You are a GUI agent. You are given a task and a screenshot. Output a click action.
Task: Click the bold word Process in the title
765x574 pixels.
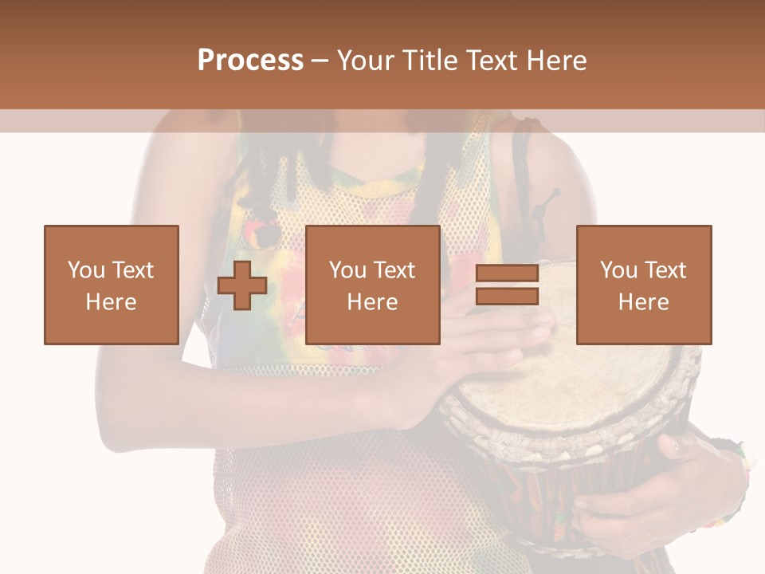point(250,60)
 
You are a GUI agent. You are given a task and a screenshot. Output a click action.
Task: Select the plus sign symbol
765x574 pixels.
point(242,285)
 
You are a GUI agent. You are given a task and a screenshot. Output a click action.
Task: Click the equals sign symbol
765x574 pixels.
point(507,285)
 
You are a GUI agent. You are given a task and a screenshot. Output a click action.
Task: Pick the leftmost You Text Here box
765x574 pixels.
point(111,285)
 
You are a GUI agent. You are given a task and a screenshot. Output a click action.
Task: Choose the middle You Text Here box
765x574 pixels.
point(372,285)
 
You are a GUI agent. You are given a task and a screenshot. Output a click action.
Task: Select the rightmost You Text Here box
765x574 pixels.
point(643,285)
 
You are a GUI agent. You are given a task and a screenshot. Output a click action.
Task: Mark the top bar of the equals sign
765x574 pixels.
point(507,273)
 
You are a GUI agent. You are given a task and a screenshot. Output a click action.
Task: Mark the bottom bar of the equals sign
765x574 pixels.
point(507,297)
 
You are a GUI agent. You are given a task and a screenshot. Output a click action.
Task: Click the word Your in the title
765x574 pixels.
point(364,60)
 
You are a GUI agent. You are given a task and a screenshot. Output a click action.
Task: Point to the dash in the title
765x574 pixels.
point(320,61)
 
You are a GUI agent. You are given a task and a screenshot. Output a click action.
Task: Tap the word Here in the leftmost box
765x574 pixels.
point(111,301)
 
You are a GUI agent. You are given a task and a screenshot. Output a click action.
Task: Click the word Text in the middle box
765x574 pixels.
point(395,270)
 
